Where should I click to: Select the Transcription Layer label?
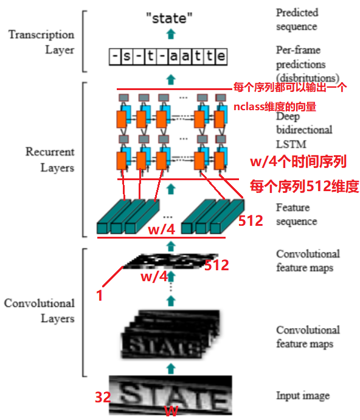(41, 41)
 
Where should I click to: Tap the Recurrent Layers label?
(50, 159)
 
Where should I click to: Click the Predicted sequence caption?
(297, 19)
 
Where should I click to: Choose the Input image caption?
(303, 396)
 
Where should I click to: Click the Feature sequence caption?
(297, 214)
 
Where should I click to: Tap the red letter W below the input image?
(172, 411)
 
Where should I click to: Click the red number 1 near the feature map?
(99, 296)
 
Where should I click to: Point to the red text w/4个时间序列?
(298, 161)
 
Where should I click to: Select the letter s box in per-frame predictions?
(126, 58)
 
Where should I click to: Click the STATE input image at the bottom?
(172, 394)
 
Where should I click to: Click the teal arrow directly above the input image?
(171, 368)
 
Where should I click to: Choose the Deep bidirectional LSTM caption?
(304, 129)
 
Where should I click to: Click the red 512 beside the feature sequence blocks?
(251, 220)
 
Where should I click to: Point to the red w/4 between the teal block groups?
(161, 229)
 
